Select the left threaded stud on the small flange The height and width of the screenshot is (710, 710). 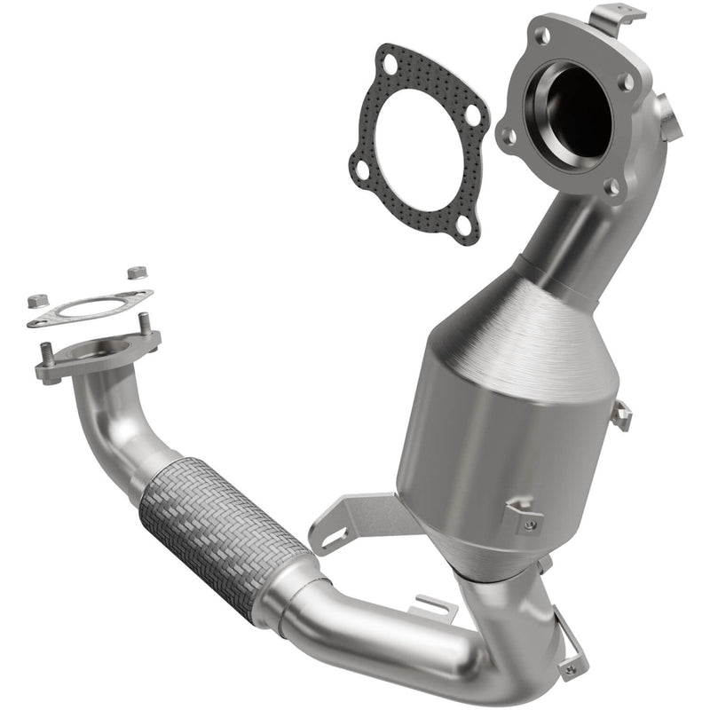click(46, 356)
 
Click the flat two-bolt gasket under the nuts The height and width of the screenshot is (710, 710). click(89, 309)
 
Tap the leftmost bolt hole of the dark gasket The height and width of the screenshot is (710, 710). click(362, 170)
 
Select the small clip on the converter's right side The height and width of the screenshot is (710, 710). click(620, 414)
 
